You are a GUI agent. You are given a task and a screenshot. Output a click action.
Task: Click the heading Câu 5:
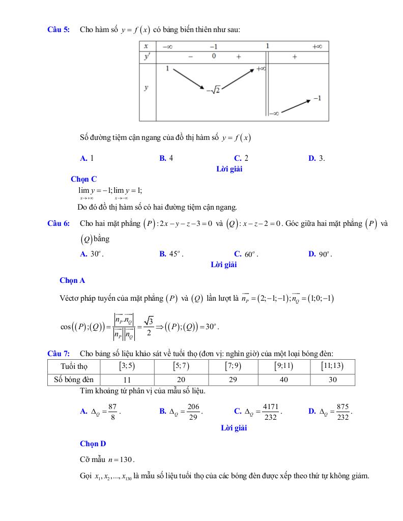point(59,30)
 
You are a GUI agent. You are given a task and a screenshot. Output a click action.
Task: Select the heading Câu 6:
point(59,223)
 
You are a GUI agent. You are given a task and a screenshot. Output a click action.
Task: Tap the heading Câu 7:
point(59,354)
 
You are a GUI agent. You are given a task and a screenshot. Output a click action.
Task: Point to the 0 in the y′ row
point(214,56)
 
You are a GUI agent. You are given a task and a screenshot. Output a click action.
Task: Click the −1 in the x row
point(214,46)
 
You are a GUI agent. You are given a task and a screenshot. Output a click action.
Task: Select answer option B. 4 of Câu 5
point(166,158)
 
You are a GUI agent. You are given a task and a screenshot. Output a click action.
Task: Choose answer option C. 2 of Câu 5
point(241,158)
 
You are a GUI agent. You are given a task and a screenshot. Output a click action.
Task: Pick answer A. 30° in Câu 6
point(92,254)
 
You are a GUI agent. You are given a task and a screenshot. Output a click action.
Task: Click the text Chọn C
point(83,179)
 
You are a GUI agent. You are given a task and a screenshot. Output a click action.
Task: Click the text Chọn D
point(93,444)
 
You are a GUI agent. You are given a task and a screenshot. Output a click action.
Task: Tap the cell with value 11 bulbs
point(127,380)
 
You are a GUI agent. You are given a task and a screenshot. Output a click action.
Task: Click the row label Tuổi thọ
point(74,366)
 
